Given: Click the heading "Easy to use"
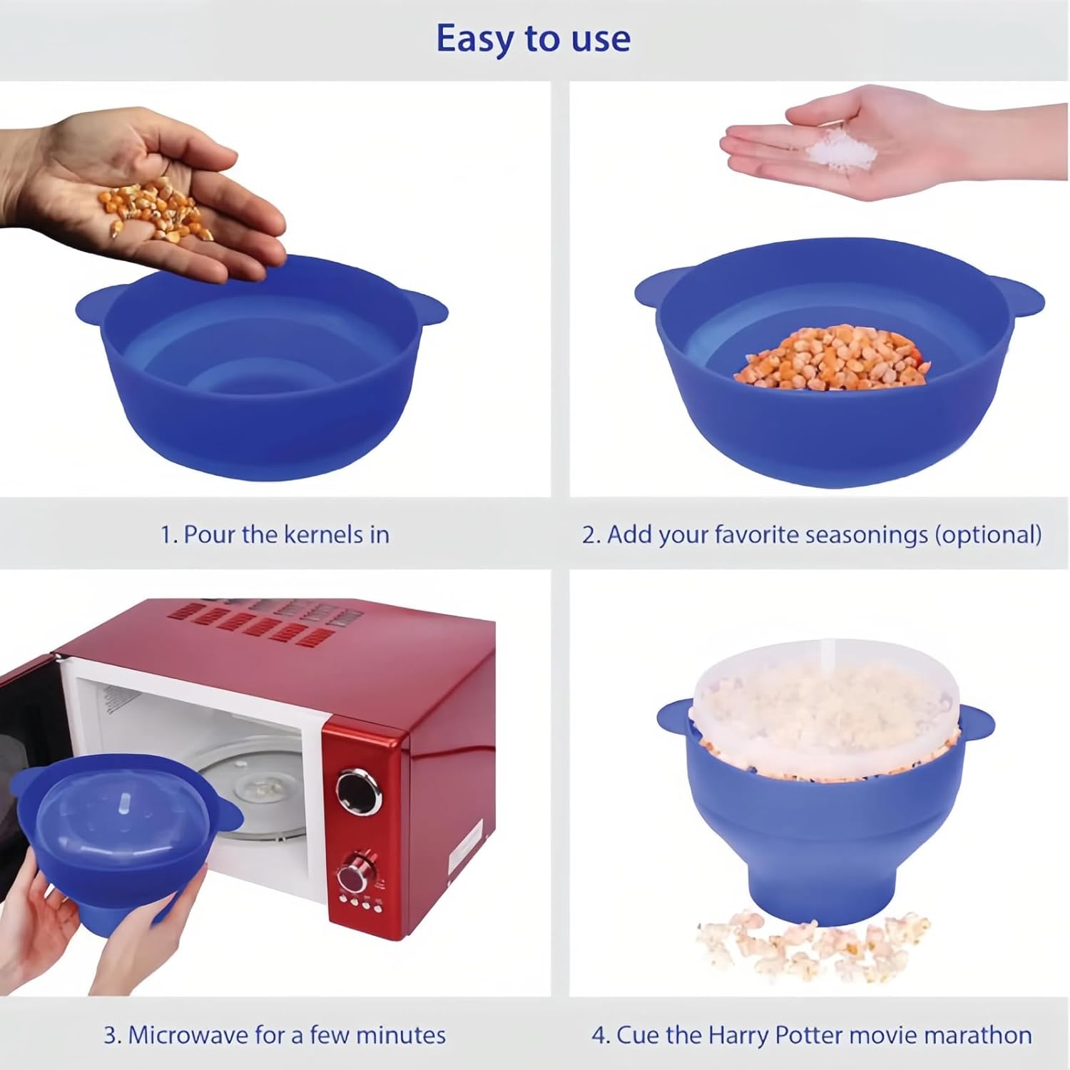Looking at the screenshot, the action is [534, 39].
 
